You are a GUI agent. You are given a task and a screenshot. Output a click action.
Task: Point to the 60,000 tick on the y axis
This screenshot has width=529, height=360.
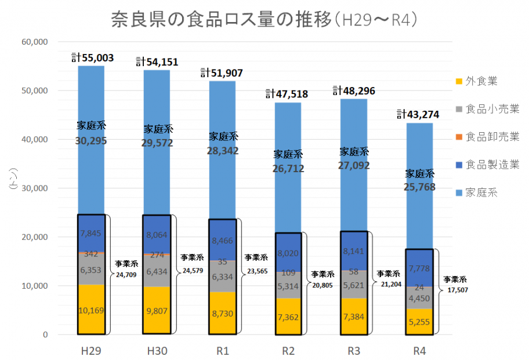point(34,42)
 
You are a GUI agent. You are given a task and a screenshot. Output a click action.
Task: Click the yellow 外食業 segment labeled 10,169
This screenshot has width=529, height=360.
point(92,310)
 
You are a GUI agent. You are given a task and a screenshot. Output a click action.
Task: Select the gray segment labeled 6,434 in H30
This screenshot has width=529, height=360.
point(157,271)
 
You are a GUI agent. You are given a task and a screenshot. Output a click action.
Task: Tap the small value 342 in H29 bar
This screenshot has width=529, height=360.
point(92,254)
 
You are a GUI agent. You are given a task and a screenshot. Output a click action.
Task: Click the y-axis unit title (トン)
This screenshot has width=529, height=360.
point(12,180)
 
